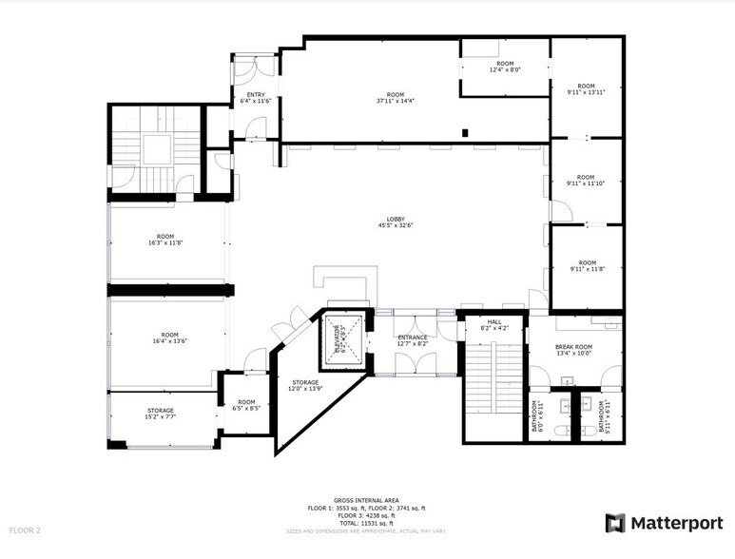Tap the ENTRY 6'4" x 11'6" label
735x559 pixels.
tap(255, 98)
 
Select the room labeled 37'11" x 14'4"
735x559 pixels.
tap(390, 98)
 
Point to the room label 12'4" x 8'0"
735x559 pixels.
tap(505, 67)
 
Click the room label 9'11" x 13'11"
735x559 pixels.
tap(587, 89)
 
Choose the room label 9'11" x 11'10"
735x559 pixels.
tap(587, 181)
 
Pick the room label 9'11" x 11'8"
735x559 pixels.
tap(587, 266)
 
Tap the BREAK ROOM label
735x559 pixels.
tap(573, 350)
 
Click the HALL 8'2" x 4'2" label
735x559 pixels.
tap(494, 325)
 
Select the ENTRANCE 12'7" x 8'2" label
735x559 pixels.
tap(413, 340)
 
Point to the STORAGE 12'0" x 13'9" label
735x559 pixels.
tap(306, 386)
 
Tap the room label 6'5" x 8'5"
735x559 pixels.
tap(247, 405)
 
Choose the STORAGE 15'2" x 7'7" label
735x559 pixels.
tap(160, 414)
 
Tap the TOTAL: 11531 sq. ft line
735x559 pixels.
tap(366, 522)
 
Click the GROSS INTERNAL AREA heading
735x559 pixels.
tap(366, 500)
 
